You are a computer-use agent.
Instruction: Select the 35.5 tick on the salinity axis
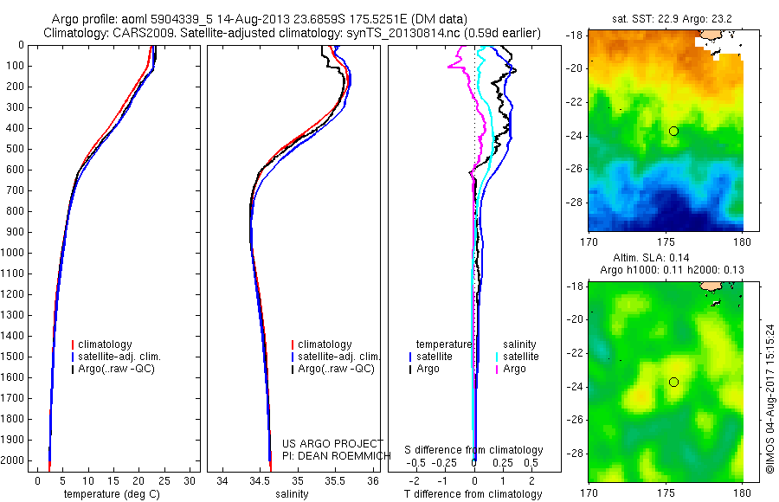coord(336,480)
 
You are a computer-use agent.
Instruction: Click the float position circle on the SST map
coord(673,131)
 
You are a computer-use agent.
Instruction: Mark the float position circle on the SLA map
coord(673,382)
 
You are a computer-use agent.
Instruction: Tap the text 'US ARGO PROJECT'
coord(332,443)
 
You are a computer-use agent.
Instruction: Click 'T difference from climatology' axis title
coord(473,494)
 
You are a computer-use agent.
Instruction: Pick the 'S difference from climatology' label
coord(474,450)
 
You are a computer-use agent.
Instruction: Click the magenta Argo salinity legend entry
coord(513,369)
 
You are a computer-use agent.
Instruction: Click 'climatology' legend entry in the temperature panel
coord(105,344)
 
